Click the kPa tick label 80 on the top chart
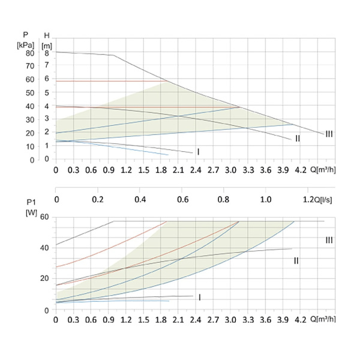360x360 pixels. [x=30, y=53]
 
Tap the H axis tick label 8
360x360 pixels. [x=46, y=53]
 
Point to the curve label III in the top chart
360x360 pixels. [x=329, y=134]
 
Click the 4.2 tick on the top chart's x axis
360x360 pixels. [x=301, y=170]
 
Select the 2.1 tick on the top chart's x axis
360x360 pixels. [x=178, y=170]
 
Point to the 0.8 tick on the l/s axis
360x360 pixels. [x=224, y=199]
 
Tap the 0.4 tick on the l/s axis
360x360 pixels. [x=140, y=199]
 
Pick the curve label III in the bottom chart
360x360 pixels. [x=329, y=240]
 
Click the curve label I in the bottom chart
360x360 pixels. [x=199, y=297]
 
